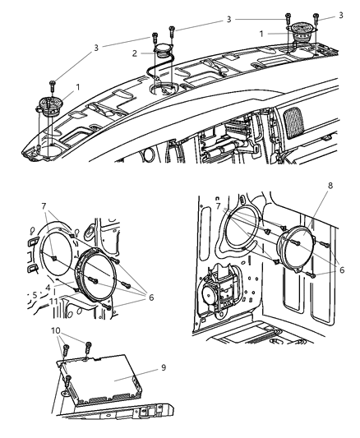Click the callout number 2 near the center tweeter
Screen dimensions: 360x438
(135, 53)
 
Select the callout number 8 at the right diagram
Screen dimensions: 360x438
(330, 186)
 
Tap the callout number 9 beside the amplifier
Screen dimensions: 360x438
(164, 367)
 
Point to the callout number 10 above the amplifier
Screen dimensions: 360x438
(56, 330)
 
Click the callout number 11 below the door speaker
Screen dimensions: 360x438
(53, 301)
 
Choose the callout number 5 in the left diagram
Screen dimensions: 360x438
(35, 295)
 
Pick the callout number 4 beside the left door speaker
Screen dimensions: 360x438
(48, 287)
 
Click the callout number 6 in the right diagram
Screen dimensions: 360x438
(342, 270)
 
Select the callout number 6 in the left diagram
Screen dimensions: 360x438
(151, 297)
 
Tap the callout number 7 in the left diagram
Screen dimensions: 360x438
(44, 206)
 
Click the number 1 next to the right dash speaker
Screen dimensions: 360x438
(261, 34)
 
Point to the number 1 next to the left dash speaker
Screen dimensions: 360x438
(78, 87)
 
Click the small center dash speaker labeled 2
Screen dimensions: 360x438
(164, 51)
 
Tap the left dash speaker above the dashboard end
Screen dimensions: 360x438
(49, 107)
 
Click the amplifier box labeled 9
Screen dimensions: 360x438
(100, 380)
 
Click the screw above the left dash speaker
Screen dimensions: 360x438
(53, 85)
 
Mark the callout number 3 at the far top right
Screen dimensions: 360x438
(341, 16)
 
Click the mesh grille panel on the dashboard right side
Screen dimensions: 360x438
(293, 122)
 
